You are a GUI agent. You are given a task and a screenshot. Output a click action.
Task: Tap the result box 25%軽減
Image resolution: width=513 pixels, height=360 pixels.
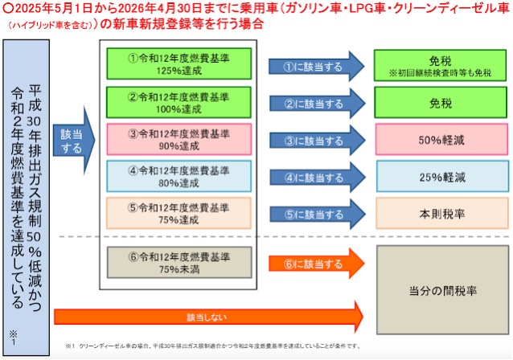coord(441,176)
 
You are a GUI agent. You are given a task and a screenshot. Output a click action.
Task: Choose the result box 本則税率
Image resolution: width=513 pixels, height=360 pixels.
coord(441,213)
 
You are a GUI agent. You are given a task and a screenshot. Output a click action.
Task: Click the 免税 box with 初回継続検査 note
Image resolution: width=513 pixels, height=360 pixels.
coord(441,64)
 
